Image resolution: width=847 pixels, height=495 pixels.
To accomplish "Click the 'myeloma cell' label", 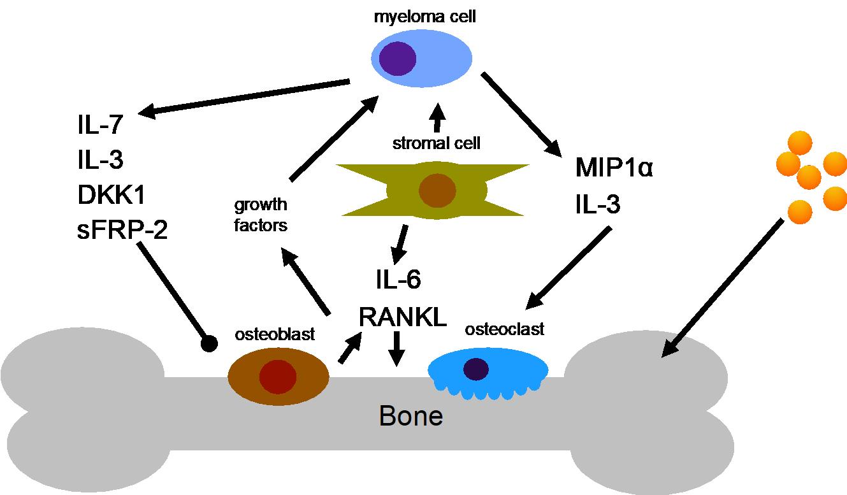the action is click(x=424, y=17).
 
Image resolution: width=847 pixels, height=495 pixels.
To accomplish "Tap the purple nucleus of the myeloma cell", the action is click(x=398, y=59).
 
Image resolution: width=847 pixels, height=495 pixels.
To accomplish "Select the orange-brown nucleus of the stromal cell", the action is click(x=437, y=190).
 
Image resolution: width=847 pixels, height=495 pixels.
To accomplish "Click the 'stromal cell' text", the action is click(x=437, y=143).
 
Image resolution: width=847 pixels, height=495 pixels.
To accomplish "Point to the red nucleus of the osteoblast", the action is click(x=278, y=377).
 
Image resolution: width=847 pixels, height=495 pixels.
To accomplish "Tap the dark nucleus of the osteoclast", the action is click(x=476, y=369).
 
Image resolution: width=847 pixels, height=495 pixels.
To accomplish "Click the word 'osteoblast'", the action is click(x=275, y=334).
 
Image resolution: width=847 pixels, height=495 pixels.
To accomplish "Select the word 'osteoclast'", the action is click(x=504, y=329).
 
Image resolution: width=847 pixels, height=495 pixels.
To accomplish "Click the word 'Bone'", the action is click(x=411, y=416).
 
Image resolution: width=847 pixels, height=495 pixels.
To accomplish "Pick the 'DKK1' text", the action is click(x=111, y=195).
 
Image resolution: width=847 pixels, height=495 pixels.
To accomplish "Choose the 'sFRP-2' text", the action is click(x=122, y=229).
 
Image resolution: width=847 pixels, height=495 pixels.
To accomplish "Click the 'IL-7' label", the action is click(x=100, y=125).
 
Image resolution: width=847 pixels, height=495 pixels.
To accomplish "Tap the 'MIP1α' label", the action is click(x=614, y=168).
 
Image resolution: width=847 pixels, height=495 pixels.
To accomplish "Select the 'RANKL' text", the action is click(x=403, y=317).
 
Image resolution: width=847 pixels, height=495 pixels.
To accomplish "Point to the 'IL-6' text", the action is click(x=398, y=279).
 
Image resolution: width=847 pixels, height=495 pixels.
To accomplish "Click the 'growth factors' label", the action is click(x=261, y=215).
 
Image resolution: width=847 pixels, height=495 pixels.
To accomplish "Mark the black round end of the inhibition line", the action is click(x=209, y=343).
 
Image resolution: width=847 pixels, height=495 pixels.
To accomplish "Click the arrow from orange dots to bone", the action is click(x=722, y=288).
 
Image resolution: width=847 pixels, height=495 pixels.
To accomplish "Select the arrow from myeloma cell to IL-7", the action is click(x=244, y=97).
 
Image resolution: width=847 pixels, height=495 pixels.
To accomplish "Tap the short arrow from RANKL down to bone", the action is click(x=396, y=349).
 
